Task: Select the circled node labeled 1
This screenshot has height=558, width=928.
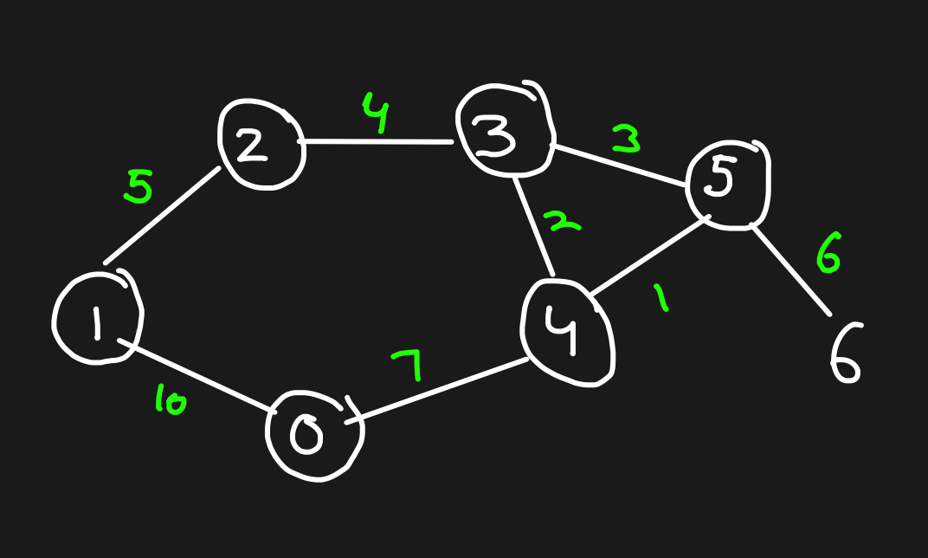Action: (x=96, y=320)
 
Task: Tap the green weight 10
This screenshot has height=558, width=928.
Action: (x=171, y=402)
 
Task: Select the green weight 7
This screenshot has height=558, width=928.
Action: (x=408, y=366)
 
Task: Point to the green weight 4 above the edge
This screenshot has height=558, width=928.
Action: (x=376, y=115)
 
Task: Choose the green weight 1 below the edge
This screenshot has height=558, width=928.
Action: (x=661, y=299)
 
